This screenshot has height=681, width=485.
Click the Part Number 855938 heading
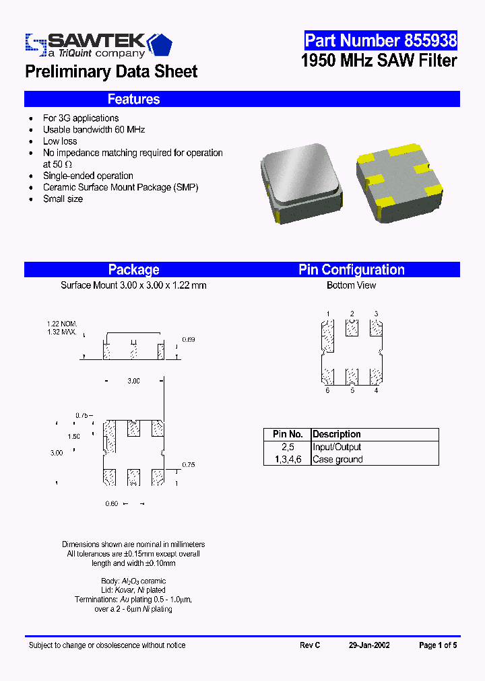pyautogui.click(x=381, y=40)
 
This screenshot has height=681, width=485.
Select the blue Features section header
pyautogui.click(x=133, y=99)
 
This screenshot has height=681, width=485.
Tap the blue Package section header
pyautogui.click(x=133, y=270)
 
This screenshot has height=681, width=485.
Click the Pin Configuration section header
pyautogui.click(x=352, y=270)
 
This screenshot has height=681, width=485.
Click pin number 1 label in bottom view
pyautogui.click(x=328, y=314)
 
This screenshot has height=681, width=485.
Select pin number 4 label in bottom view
pyautogui.click(x=376, y=390)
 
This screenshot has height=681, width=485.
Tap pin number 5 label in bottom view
pyautogui.click(x=352, y=390)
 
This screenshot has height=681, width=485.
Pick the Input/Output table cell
pyautogui.click(x=337, y=447)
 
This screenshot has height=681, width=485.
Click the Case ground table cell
pyautogui.click(x=338, y=460)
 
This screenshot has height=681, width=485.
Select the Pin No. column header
pyautogui.click(x=288, y=435)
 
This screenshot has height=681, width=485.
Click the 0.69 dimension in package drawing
pyautogui.click(x=189, y=340)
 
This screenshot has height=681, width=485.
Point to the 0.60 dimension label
pyautogui.click(x=112, y=503)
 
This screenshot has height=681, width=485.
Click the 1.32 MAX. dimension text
pyautogui.click(x=61, y=332)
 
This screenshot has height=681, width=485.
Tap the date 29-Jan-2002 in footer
pyautogui.click(x=369, y=645)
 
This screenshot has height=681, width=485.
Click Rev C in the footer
pyautogui.click(x=310, y=645)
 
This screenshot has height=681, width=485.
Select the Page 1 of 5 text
pyautogui.click(x=438, y=645)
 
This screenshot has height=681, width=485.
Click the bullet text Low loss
pyautogui.click(x=60, y=141)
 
